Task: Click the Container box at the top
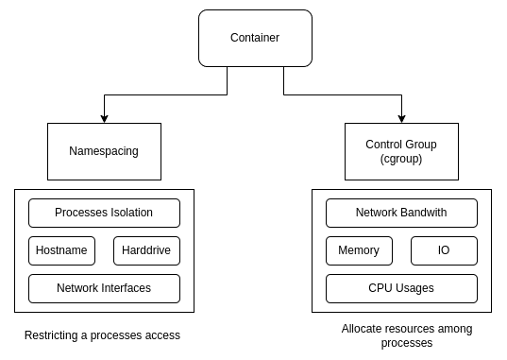pos(254,38)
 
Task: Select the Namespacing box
pos(104,151)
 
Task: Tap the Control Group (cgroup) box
pos(401,151)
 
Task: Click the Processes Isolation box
pos(104,213)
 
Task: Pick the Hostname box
pos(61,250)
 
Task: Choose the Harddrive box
pos(146,250)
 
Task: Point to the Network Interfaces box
pos(104,287)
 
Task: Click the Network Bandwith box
pos(401,213)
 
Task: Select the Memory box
pos(359,250)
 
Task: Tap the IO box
pos(444,250)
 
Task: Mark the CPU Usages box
pos(401,287)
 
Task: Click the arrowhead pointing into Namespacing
pos(104,119)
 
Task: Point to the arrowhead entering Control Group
pos(401,119)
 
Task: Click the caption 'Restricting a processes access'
pos(102,335)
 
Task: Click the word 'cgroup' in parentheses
pos(401,160)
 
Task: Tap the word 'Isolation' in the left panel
pos(129,213)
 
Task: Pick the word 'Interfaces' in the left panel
pos(125,287)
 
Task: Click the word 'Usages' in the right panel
pos(416,287)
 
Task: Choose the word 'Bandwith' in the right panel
pos(422,213)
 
